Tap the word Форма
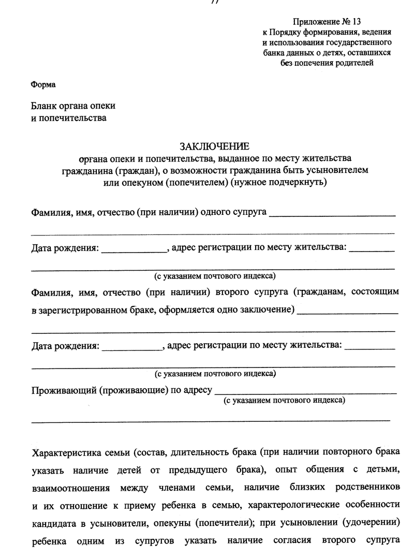click(x=43, y=84)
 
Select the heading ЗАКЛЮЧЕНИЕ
click(x=214, y=146)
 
